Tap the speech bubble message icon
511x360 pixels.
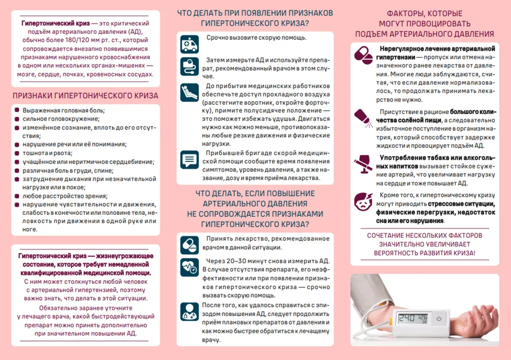coord(190,160)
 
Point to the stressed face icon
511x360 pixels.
coord(363,201)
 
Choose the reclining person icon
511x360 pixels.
coord(190,92)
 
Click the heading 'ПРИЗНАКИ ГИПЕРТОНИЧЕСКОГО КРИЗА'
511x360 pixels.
coord(85,95)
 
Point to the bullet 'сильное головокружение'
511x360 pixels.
coord(61,119)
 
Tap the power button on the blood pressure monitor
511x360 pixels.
coord(439,318)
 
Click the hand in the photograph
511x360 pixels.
coord(477,317)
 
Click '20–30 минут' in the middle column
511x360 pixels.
coord(239,261)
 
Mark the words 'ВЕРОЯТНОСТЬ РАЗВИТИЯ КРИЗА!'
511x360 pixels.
coord(424,253)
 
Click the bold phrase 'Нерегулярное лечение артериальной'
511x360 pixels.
coord(437,49)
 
